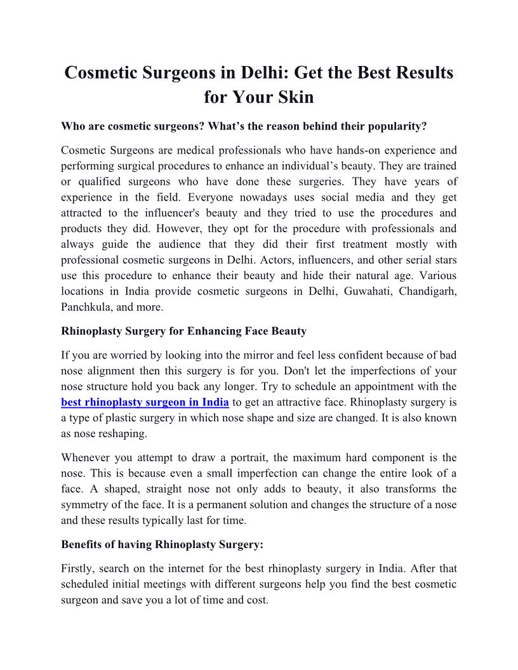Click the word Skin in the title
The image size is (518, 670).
point(295,98)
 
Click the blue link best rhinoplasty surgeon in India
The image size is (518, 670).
point(145,402)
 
